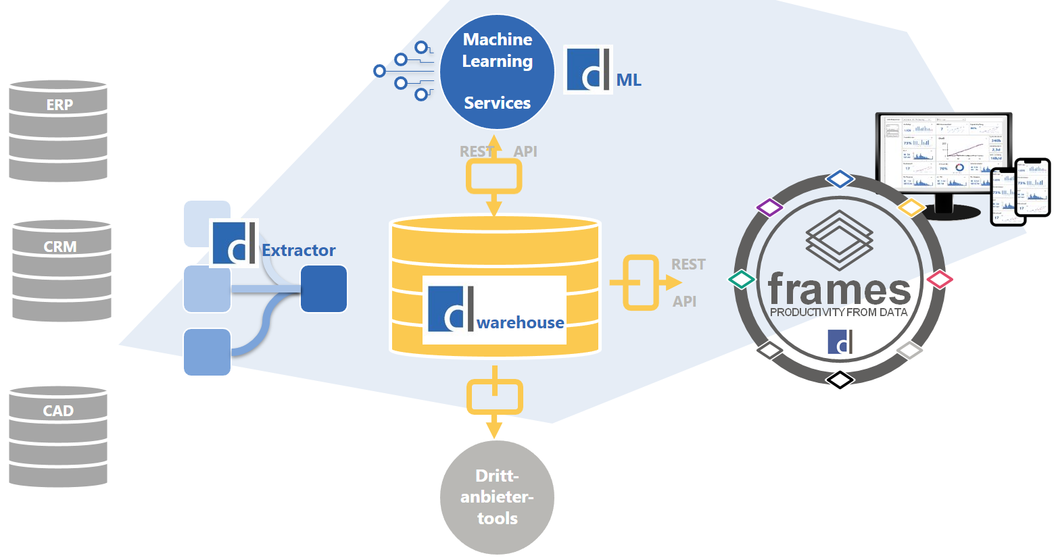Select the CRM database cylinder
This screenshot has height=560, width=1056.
[62, 270]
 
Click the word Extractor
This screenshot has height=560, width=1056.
[299, 251]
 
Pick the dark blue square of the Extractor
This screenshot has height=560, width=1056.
[323, 288]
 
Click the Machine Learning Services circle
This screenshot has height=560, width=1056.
[497, 71]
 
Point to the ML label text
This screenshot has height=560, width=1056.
[629, 80]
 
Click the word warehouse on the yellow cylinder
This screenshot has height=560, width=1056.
[520, 323]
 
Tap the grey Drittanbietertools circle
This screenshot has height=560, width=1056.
[497, 497]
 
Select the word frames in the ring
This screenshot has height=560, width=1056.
[839, 289]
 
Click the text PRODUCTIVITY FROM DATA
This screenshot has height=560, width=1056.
[838, 312]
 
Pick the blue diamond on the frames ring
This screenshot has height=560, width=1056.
[840, 179]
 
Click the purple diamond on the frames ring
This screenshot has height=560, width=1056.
[769, 207]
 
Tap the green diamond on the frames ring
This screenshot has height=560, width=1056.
[742, 279]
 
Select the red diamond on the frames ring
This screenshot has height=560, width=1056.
[939, 279]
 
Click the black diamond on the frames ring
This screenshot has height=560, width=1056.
[840, 380]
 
